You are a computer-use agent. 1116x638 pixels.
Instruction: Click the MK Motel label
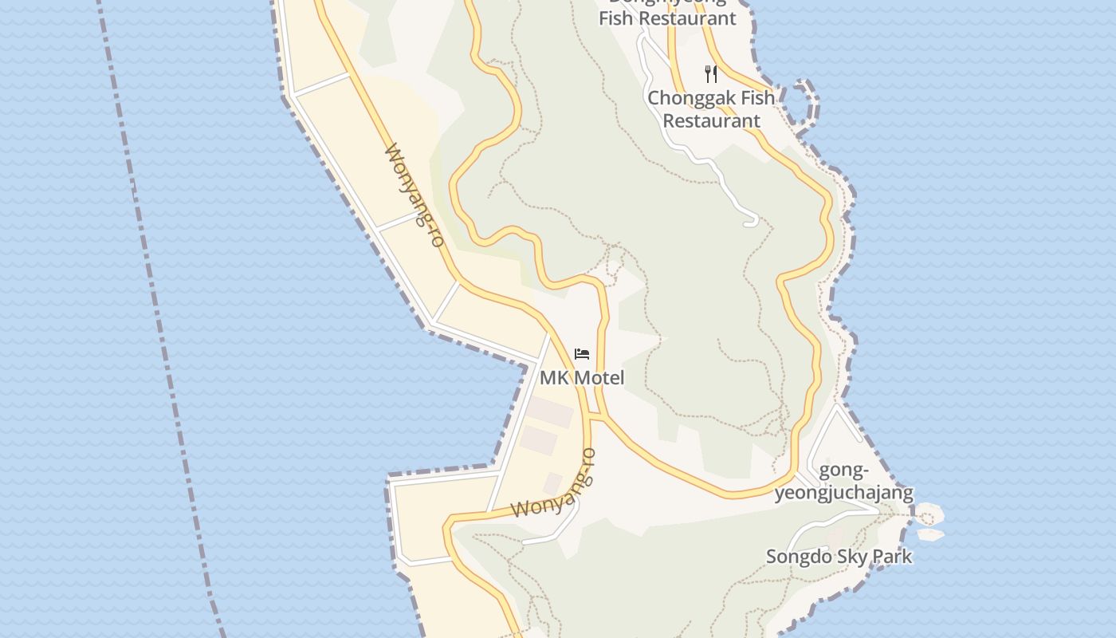(582, 377)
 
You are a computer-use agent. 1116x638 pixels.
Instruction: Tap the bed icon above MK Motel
(582, 354)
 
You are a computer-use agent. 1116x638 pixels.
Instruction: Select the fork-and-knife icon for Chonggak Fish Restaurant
(711, 74)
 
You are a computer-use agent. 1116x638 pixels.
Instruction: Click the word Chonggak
(687, 98)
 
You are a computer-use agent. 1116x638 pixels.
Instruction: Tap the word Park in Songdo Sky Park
(892, 557)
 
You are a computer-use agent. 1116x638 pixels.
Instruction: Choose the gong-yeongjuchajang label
(844, 481)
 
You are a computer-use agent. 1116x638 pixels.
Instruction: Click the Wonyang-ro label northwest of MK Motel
(414, 195)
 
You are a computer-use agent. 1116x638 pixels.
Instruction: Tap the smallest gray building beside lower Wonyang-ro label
(553, 482)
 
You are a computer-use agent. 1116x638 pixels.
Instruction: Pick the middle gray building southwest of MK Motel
(539, 439)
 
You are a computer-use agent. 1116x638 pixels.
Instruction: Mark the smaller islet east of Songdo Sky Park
(930, 535)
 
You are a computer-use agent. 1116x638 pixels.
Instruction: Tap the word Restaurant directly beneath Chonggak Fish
(711, 120)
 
